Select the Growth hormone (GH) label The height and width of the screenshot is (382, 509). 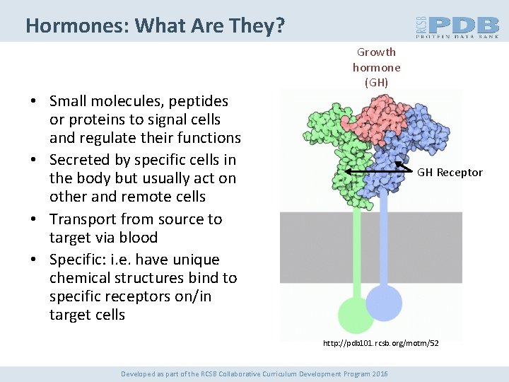coord(376,67)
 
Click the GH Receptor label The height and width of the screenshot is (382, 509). coord(450,173)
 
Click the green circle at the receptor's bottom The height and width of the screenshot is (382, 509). coord(356,314)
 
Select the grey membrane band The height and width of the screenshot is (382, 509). coord(438,236)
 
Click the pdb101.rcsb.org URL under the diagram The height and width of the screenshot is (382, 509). coord(380,343)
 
